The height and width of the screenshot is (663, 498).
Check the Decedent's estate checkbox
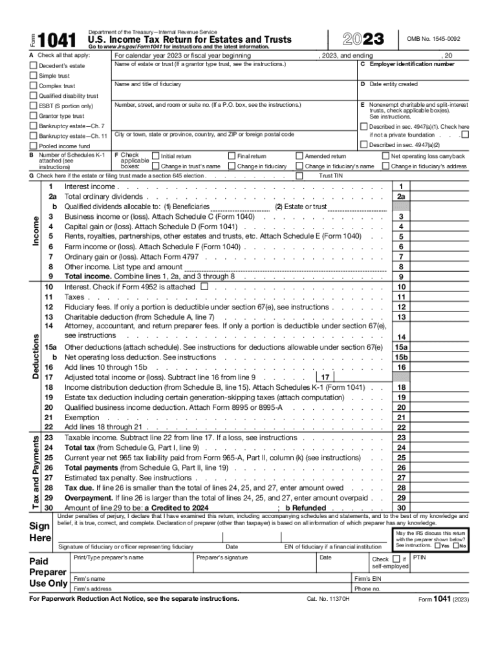(34, 66)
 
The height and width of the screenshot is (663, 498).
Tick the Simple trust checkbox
(34, 76)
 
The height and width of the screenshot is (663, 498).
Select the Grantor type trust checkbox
(34, 116)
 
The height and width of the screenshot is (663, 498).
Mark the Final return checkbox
(232, 156)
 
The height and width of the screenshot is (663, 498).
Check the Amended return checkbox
(299, 156)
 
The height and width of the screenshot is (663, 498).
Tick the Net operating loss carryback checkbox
(386, 156)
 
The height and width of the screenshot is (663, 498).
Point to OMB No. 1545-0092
(434, 39)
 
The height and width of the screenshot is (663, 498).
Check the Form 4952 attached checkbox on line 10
(204, 286)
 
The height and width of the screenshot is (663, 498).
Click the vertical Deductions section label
(38, 356)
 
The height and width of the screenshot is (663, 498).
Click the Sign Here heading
(39, 532)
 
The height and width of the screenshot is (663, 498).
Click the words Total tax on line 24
(82, 447)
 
